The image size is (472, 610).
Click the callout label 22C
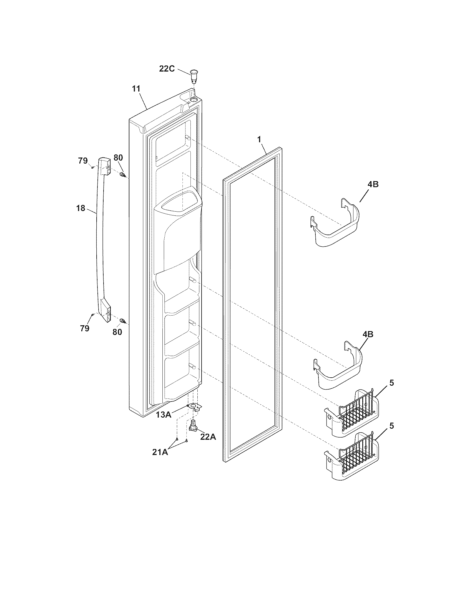coord(167,68)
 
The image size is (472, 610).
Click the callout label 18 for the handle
coord(81,208)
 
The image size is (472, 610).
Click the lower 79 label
coord(84,329)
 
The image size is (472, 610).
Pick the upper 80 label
coord(118,157)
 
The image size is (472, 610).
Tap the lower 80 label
coord(117,332)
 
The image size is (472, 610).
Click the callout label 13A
coord(164,415)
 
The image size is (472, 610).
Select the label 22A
coord(208,437)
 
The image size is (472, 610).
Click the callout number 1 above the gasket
coord(259,139)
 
